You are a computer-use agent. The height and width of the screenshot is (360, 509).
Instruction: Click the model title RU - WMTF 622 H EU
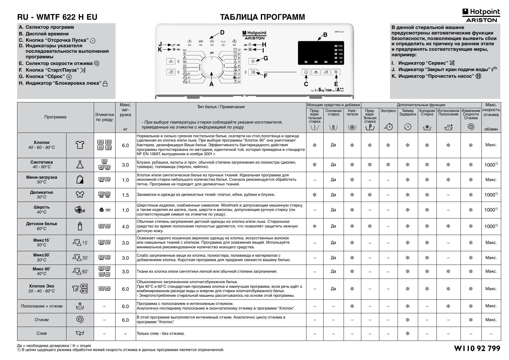point(57,17)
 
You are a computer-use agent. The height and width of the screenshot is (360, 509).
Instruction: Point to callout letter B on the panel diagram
point(325,35)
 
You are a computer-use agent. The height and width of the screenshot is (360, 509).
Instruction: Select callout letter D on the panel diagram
point(222,32)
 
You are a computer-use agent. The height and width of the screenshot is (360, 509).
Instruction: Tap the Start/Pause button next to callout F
point(253,72)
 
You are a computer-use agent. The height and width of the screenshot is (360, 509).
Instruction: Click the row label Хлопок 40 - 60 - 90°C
point(41,145)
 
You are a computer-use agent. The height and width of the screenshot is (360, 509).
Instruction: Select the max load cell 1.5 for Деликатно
point(125,195)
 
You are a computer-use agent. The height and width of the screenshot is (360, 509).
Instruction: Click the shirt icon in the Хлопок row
point(80,145)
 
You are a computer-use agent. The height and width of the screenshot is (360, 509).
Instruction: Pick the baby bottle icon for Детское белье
point(80,226)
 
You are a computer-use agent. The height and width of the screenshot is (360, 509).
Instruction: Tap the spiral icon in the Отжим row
point(80,320)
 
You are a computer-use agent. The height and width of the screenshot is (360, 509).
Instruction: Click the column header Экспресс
point(388,111)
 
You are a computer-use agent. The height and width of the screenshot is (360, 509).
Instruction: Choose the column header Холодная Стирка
point(427,113)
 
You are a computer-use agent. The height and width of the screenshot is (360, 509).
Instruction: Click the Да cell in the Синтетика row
point(333,165)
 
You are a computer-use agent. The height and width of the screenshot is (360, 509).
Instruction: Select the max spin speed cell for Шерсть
point(491,210)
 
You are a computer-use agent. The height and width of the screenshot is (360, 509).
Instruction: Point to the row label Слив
point(41,333)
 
